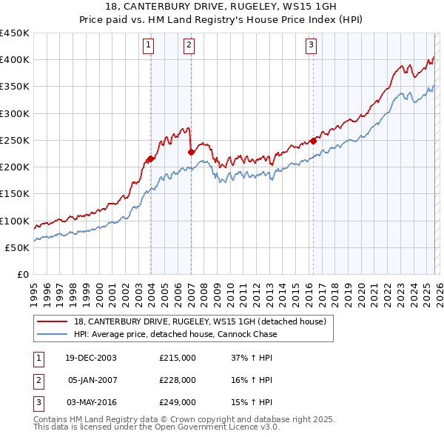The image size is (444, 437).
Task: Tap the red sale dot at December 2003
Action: [x=151, y=159]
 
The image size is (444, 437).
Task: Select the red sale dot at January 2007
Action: [x=191, y=152]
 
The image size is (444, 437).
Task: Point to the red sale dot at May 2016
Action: [x=313, y=140]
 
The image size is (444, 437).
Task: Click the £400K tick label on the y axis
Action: [x=14, y=60]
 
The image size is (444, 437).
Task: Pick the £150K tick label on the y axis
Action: [x=14, y=194]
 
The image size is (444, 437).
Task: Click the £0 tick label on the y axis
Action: [x=22, y=274]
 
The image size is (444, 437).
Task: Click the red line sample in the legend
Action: [x=53, y=321]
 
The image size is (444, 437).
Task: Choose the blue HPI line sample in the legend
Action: [x=53, y=334]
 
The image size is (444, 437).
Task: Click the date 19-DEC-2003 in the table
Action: [x=91, y=358]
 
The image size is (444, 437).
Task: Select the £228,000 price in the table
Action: [x=178, y=380]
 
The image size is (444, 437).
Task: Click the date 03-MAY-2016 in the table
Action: [x=92, y=402]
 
